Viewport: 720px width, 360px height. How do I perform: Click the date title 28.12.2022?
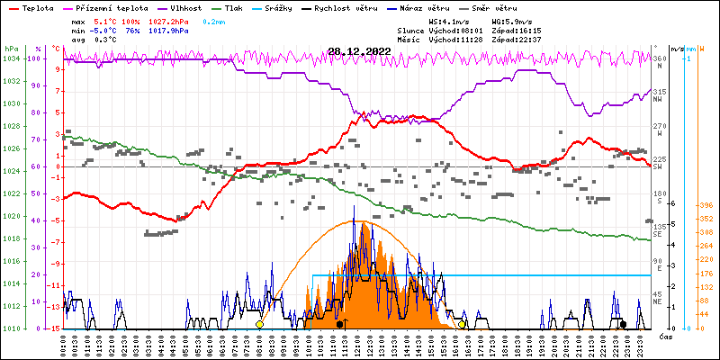tap(360, 51)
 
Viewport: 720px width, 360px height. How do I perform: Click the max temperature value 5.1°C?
tap(105, 20)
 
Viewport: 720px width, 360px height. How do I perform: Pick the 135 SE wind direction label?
tap(660, 229)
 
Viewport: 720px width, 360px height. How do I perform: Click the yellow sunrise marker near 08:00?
tap(259, 324)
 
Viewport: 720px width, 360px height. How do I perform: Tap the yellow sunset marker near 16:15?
tap(463, 324)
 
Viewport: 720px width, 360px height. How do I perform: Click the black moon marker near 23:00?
tap(623, 324)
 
